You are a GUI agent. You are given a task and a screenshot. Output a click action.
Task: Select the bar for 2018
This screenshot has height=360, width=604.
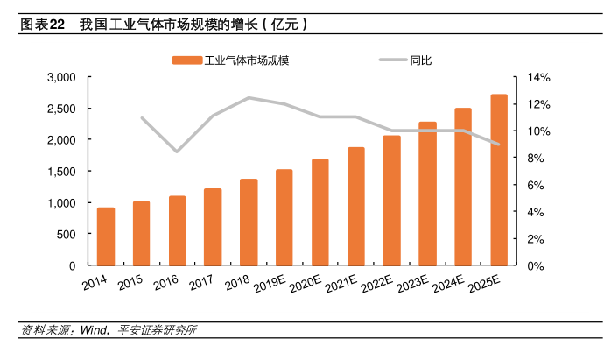point(249,222)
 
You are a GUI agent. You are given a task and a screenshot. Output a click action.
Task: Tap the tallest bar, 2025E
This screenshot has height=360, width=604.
point(498,180)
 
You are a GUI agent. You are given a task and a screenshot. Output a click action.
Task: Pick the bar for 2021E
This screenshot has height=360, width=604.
point(355,206)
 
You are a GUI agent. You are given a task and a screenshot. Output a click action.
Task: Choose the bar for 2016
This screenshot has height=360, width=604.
point(177,230)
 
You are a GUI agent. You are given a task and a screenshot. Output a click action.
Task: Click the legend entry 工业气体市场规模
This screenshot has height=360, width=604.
point(231,60)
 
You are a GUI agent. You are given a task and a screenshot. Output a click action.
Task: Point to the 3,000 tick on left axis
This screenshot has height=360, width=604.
point(62,78)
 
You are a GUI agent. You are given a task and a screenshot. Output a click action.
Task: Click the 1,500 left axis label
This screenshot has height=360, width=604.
point(62,172)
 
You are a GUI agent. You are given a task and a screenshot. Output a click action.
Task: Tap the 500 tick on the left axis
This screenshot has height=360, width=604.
point(67,234)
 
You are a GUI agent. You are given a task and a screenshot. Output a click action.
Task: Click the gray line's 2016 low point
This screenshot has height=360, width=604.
point(177,152)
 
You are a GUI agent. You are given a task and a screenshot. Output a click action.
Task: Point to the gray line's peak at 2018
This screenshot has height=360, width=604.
point(249,97)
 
